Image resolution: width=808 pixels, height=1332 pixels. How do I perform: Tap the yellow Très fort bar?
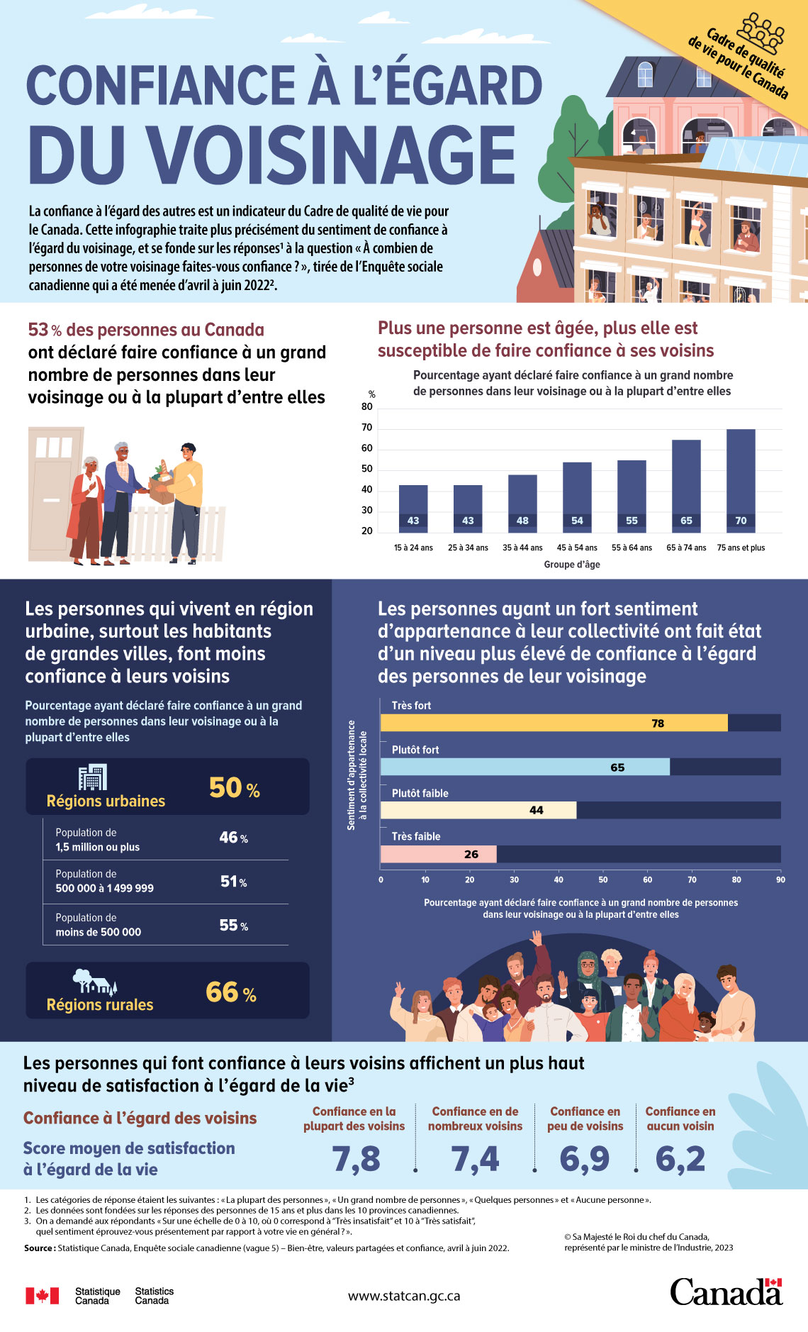point(554,723)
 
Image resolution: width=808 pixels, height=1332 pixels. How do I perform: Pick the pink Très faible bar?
point(438,854)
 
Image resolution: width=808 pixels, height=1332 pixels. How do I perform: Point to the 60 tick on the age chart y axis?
point(366,448)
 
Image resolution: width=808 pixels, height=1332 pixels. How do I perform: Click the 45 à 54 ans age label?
point(577,548)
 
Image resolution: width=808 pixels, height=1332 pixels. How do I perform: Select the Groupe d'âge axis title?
point(572,565)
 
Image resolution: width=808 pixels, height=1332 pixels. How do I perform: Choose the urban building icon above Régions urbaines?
point(93,777)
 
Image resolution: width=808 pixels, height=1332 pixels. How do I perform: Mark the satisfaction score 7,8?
point(357,1159)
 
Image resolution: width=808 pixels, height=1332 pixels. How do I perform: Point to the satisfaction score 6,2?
point(680,1159)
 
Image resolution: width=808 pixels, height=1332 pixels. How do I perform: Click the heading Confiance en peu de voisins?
point(585,1119)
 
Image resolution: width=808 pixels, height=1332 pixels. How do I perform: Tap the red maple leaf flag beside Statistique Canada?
point(43,1296)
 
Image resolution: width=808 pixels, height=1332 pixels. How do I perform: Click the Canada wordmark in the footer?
point(726,1292)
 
